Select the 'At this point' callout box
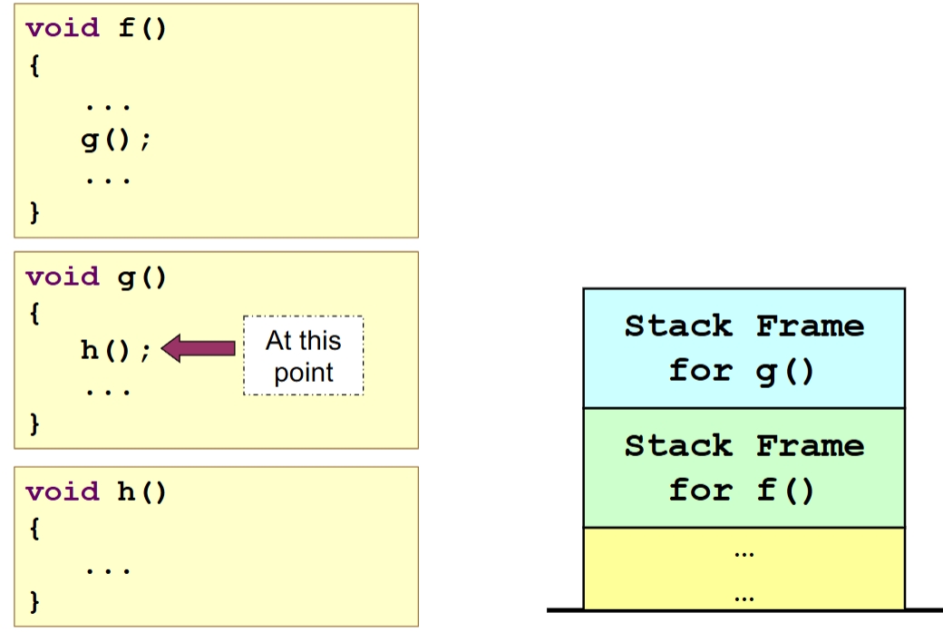pyautogui.click(x=303, y=355)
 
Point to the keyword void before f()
pyautogui.click(x=63, y=28)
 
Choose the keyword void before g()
pyautogui.click(x=63, y=277)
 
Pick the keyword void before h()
pyautogui.click(x=63, y=492)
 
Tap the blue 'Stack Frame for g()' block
pyautogui.click(x=744, y=348)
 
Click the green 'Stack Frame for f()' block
pyautogui.click(x=744, y=468)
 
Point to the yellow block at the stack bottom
pyautogui.click(x=744, y=569)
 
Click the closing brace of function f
pyautogui.click(x=34, y=213)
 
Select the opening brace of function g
pyautogui.click(x=34, y=314)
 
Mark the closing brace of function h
pyautogui.click(x=34, y=600)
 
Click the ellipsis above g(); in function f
pyautogui.click(x=108, y=106)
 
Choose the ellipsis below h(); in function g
pyautogui.click(x=108, y=391)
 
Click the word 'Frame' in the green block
pyautogui.click(x=810, y=445)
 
